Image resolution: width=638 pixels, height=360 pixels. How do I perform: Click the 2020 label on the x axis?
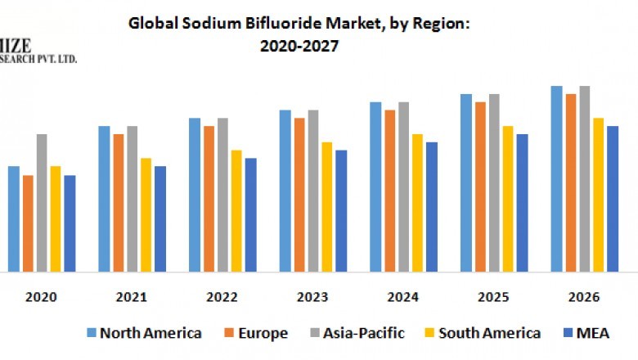tap(41, 296)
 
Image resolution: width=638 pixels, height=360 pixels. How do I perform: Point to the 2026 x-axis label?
tap(584, 296)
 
